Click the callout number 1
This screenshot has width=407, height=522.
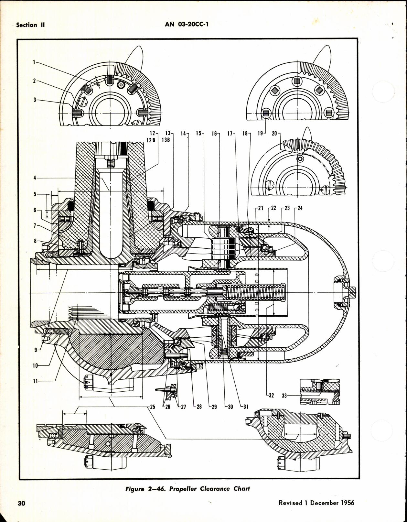(34, 62)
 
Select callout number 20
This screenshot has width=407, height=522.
(274, 133)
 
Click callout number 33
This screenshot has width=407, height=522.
(284, 395)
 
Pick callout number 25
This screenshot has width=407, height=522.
(152, 407)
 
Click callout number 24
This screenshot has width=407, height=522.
(300, 208)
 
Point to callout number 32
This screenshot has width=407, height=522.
(271, 395)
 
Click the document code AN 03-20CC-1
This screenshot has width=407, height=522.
(187, 24)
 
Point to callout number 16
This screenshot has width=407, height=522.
(214, 133)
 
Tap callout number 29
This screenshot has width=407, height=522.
(214, 407)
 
